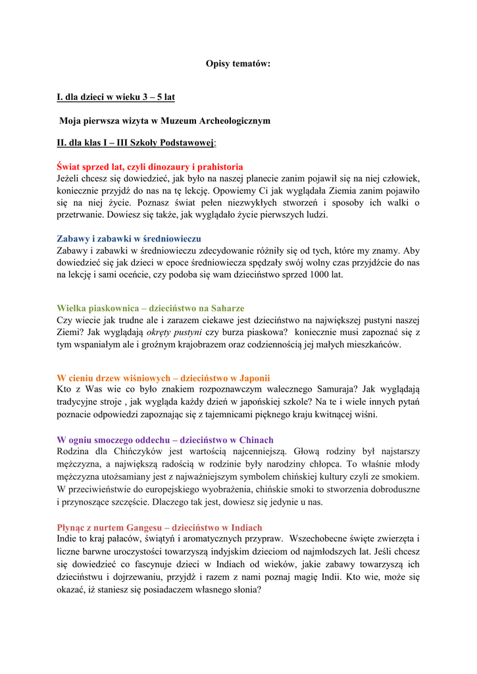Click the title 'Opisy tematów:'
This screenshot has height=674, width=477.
[238, 64]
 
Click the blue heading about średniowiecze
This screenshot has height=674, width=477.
[129, 238]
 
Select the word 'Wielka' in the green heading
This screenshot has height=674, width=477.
[71, 307]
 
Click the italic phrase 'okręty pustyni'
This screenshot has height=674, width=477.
[174, 332]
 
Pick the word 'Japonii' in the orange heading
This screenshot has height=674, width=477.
[255, 378]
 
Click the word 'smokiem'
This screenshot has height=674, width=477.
[402, 477]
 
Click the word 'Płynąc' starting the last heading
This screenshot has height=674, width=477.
[72, 527]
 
